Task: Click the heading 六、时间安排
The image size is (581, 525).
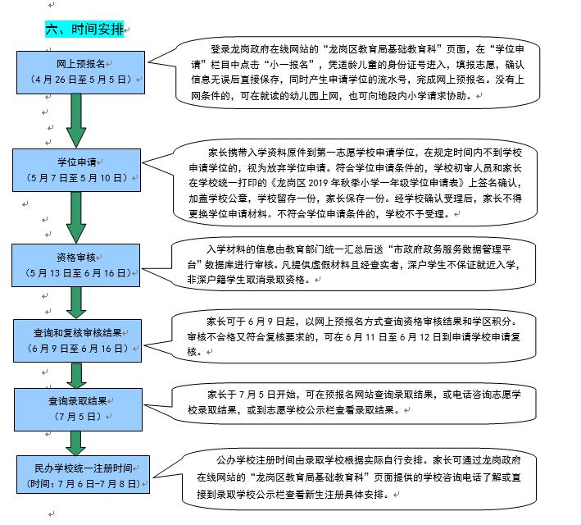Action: pyautogui.click(x=84, y=29)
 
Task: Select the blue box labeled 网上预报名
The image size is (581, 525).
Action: pyautogui.click(x=80, y=72)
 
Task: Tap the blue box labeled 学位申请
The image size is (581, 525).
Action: pyautogui.click(x=76, y=171)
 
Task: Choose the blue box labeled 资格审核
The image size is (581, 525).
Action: pyautogui.click(x=75, y=265)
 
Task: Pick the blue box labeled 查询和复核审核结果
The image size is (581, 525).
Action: pyautogui.click(x=78, y=340)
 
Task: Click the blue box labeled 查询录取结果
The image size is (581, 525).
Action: pyautogui.click(x=78, y=409)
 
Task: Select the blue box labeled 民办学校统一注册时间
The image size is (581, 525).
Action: pyautogui.click(x=83, y=474)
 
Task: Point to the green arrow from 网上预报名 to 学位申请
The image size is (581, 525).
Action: pyautogui.click(x=76, y=121)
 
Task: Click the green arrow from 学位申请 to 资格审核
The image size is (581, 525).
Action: pyautogui.click(x=76, y=217)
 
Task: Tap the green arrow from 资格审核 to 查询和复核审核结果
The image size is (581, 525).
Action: pyautogui.click(x=76, y=303)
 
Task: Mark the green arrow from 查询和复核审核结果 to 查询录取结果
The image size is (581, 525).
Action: pyautogui.click(x=76, y=375)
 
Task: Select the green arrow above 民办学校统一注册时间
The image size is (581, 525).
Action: pyautogui.click(x=75, y=443)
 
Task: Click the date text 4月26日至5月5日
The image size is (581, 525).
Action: pyautogui.click(x=81, y=80)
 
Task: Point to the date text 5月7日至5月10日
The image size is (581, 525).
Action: pyautogui.click(x=77, y=178)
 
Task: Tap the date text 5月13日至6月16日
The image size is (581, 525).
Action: pyautogui.click(x=77, y=273)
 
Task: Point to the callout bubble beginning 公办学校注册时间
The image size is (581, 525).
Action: pyautogui.click(x=346, y=478)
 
